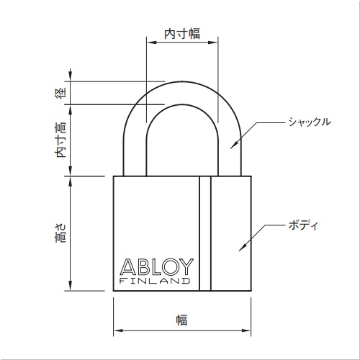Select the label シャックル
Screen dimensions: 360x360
[307, 122]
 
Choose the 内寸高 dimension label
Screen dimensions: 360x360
[61, 139]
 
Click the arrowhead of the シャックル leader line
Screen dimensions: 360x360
[232, 145]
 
